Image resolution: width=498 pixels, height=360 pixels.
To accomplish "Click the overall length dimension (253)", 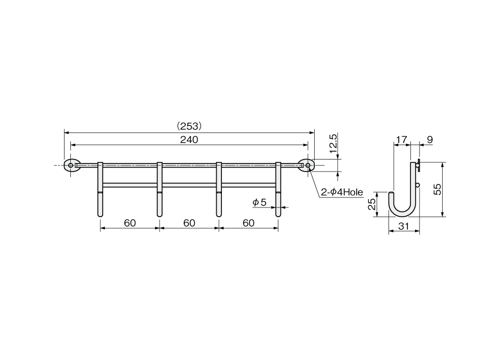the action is pyautogui.click(x=189, y=126).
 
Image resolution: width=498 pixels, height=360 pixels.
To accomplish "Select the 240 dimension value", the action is pyautogui.click(x=189, y=140).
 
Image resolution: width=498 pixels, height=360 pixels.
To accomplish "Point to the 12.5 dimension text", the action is pyautogui.click(x=333, y=143).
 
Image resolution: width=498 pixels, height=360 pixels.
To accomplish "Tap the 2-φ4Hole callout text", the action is pyautogui.click(x=342, y=192).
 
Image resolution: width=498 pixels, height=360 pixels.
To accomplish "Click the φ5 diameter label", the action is pyautogui.click(x=259, y=202).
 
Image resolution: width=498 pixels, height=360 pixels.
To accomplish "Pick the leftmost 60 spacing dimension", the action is pyautogui.click(x=130, y=223).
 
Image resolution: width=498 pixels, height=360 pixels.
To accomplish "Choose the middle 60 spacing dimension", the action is pyautogui.click(x=189, y=223).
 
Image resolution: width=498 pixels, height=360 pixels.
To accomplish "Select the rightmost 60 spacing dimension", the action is pyautogui.click(x=248, y=223).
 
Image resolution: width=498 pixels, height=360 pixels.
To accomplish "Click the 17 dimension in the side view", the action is pyautogui.click(x=401, y=140).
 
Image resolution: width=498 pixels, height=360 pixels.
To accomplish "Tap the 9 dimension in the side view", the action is pyautogui.click(x=430, y=140).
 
